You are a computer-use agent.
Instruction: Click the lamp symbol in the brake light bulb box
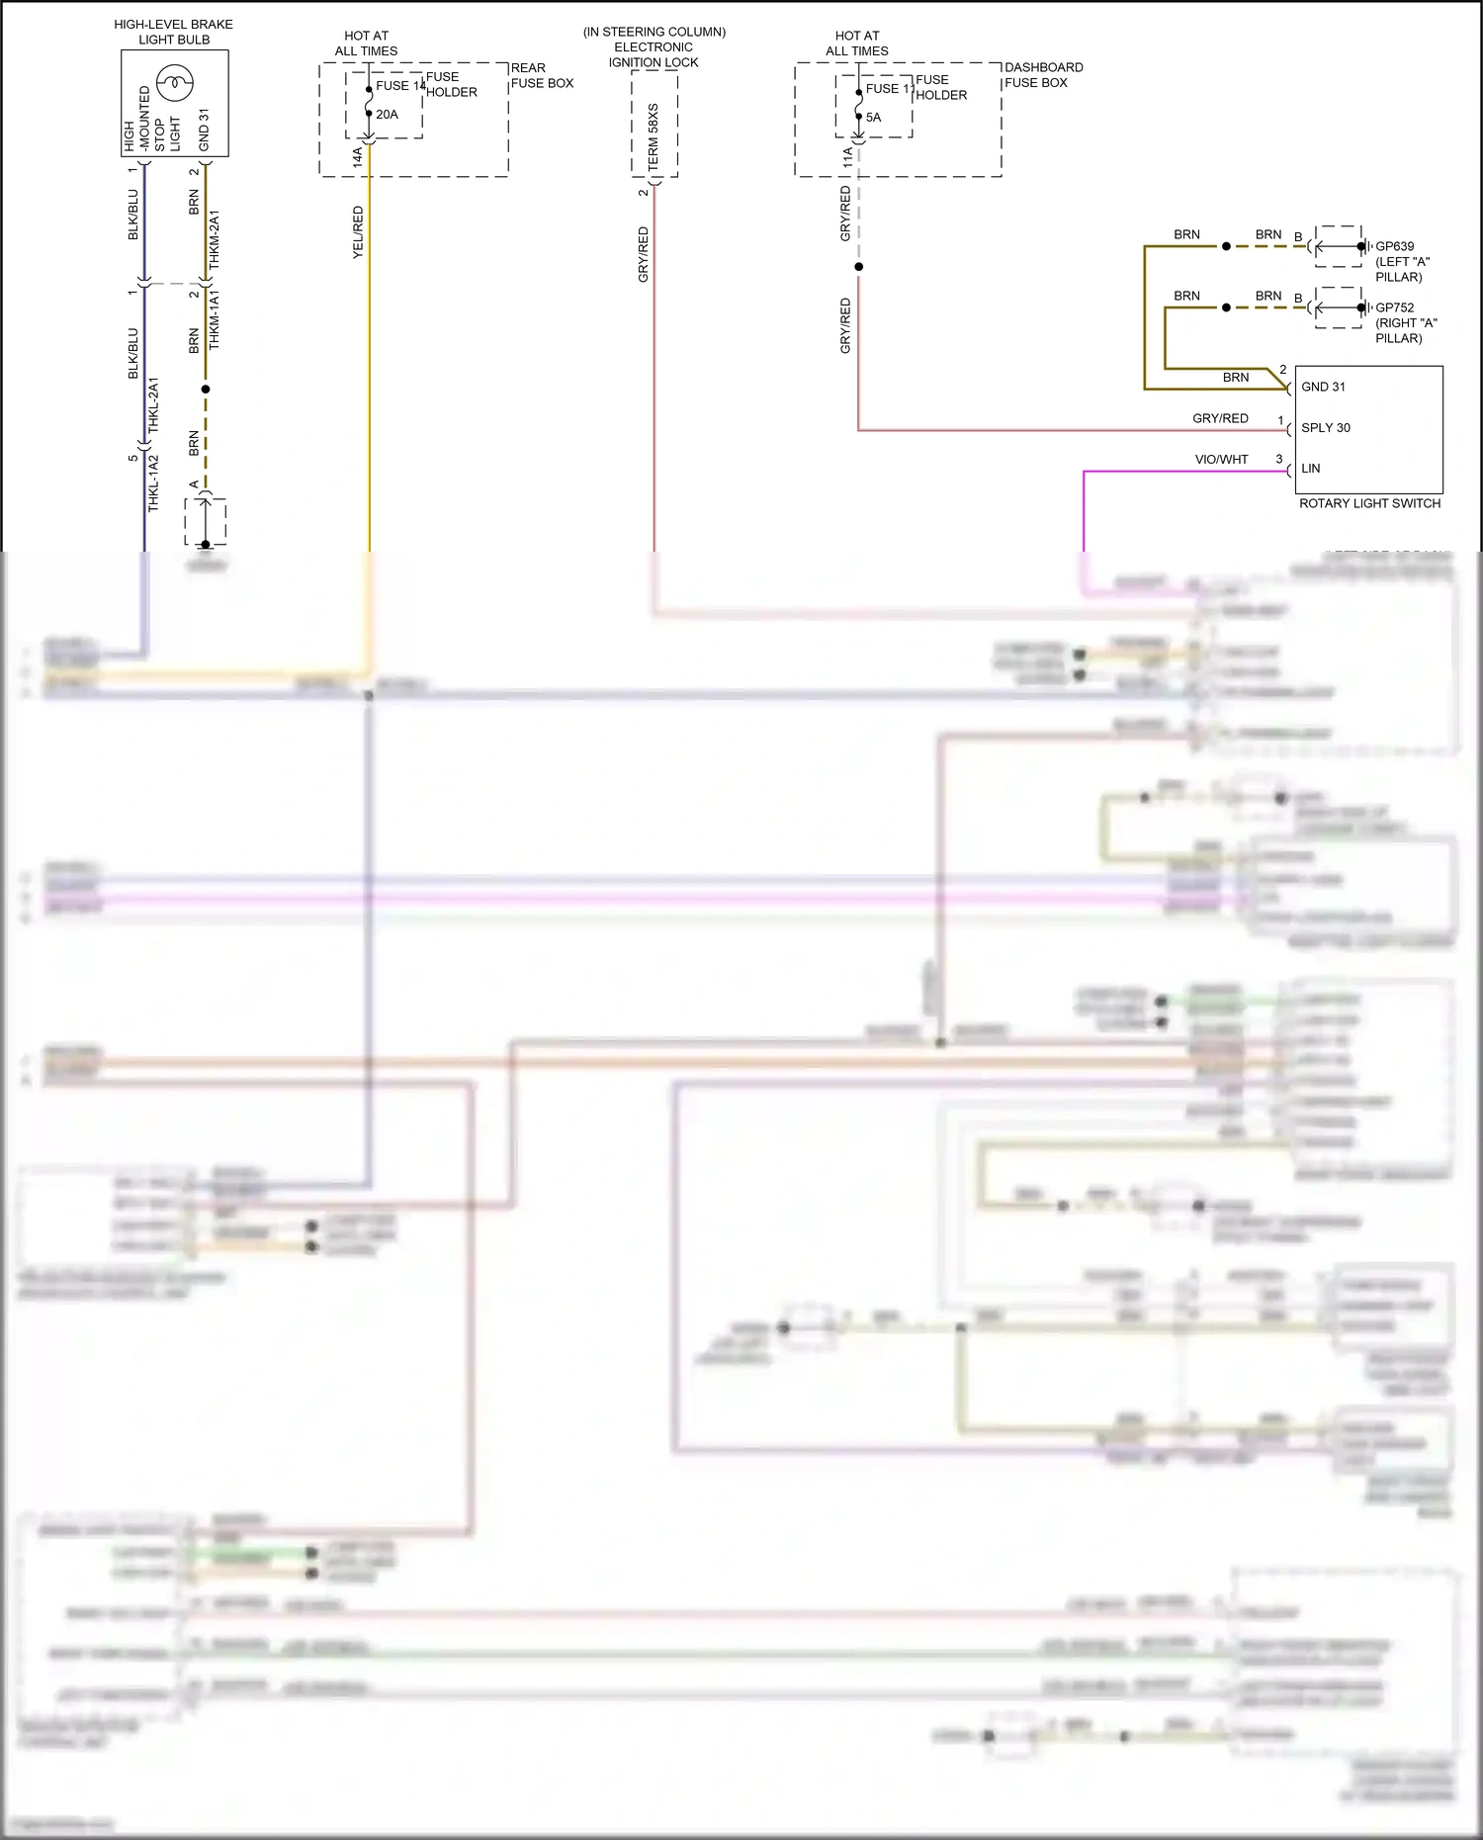(x=175, y=83)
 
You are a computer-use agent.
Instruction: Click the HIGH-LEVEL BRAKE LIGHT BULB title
(x=174, y=32)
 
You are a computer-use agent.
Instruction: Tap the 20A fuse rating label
(x=387, y=115)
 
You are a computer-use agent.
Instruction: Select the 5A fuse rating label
(x=873, y=118)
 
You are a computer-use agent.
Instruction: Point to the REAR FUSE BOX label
(x=542, y=76)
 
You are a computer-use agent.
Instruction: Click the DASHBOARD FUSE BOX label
(x=1043, y=75)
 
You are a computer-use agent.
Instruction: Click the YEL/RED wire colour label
(x=358, y=232)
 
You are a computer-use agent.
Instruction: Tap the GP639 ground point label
(x=1394, y=246)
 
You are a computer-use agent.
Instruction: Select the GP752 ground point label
(x=1394, y=307)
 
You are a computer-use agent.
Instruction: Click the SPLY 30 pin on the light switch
(x=1325, y=428)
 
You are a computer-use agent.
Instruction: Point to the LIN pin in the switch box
(x=1310, y=469)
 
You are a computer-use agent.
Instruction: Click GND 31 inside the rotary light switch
(x=1323, y=387)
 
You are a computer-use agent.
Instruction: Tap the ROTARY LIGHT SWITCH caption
(x=1369, y=503)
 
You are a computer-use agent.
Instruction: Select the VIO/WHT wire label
(x=1221, y=460)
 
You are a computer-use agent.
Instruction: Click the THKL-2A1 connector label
(x=153, y=404)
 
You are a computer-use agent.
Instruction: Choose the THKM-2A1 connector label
(x=215, y=239)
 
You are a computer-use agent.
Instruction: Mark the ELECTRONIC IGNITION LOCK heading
(x=654, y=47)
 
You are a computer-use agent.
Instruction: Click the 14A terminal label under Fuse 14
(x=358, y=156)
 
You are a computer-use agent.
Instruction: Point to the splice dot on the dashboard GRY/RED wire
(x=858, y=267)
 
